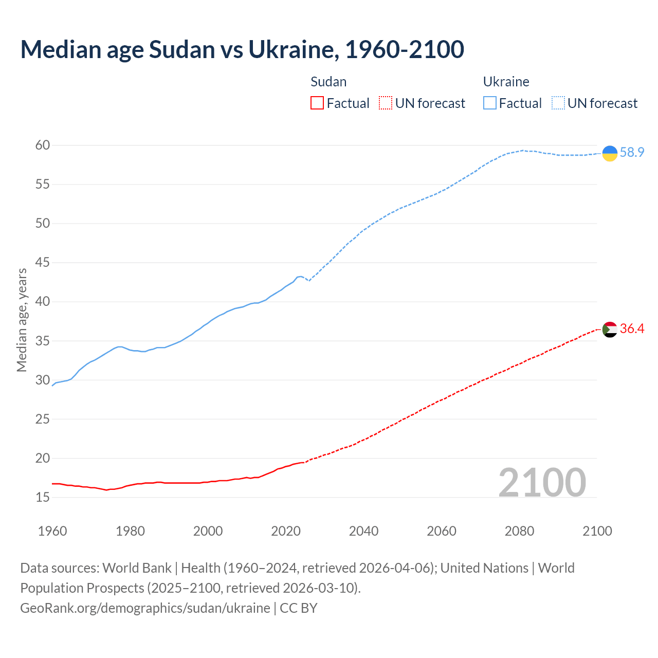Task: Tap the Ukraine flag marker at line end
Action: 609,153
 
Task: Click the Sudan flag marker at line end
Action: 609,329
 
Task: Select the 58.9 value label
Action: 632,153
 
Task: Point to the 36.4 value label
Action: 632,329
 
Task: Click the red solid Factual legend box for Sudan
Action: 317,103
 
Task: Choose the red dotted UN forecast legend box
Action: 385,103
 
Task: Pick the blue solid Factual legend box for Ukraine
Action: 489,103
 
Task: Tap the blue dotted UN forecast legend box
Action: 558,103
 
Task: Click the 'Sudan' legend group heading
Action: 328,82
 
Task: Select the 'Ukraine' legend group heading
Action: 506,82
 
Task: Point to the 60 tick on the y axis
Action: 43,145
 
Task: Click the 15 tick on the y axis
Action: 43,497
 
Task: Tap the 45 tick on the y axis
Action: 43,263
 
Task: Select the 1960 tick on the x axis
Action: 52,531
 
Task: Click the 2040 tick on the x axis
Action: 363,531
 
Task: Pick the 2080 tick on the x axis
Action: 519,531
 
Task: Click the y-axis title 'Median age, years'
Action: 22,320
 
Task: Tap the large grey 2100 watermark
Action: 542,483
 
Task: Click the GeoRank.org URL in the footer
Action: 145,608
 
